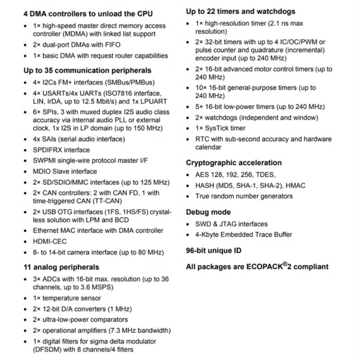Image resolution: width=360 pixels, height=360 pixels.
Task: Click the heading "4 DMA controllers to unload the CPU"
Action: pyautogui.click(x=88, y=14)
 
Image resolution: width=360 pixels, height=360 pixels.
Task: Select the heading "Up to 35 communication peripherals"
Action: pyautogui.click(x=87, y=70)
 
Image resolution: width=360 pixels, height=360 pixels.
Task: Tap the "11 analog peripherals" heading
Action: pyautogui.click(x=61, y=267)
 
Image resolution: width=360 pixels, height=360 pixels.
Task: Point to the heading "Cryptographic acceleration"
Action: pyautogui.click(x=233, y=163)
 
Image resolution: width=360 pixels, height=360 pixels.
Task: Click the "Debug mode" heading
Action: pyautogui.click(x=208, y=212)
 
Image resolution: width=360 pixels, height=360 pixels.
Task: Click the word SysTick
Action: pyautogui.click(x=218, y=128)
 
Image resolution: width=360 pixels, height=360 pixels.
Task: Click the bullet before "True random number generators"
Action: pyautogui.click(x=188, y=197)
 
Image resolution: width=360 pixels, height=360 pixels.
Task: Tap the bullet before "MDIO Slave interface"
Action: pyautogui.click(x=25, y=172)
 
